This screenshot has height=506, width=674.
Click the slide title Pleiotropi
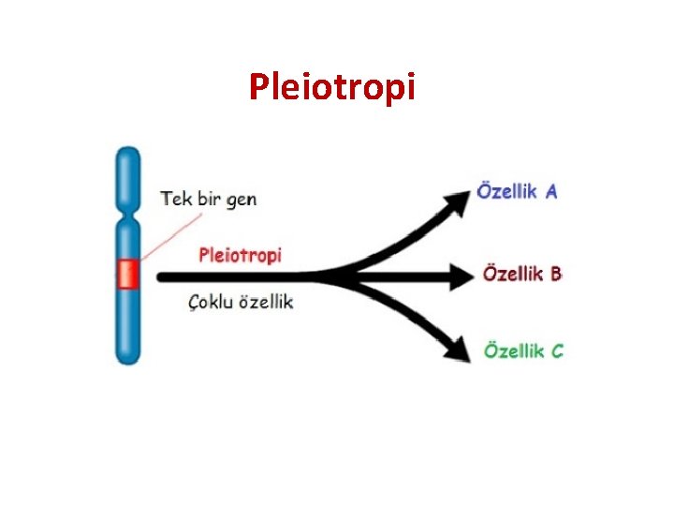click(331, 87)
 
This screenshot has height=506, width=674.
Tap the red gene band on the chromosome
click(127, 275)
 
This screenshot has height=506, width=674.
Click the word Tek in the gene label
click(178, 199)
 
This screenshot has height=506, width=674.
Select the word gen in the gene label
click(241, 201)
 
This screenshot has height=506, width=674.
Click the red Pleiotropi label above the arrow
click(241, 255)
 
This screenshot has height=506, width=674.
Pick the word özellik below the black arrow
click(269, 302)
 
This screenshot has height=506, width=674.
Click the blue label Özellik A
click(518, 190)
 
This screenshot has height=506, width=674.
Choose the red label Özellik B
click(521, 274)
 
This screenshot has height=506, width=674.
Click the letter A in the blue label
click(551, 191)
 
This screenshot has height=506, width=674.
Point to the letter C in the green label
click(557, 352)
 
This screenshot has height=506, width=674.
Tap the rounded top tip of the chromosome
click(127, 154)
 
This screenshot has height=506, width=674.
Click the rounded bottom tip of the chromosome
click(127, 359)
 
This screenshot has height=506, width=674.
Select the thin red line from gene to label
click(173, 236)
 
